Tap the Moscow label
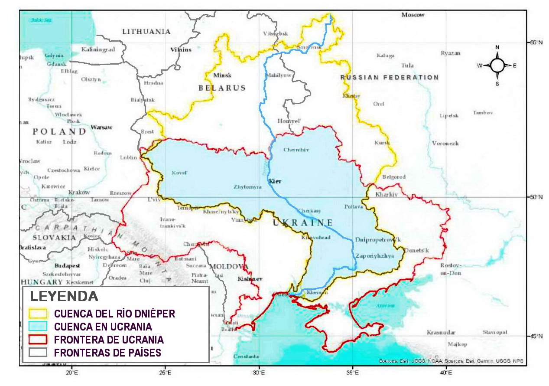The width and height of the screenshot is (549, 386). [x=413, y=15]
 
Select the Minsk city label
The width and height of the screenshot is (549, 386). [x=222, y=75]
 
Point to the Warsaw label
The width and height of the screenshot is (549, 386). [x=101, y=128]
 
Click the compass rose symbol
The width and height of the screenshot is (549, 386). [x=497, y=65]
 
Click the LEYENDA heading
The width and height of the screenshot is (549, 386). [x=64, y=297]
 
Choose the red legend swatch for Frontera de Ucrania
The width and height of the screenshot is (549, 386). [x=38, y=339]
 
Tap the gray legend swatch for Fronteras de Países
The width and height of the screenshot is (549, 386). [x=38, y=352]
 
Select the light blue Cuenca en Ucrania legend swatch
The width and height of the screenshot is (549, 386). [x=38, y=326]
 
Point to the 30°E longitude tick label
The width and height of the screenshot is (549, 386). [x=259, y=372]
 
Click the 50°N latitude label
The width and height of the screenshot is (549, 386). [x=536, y=197]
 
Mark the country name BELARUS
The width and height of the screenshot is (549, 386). [x=222, y=88]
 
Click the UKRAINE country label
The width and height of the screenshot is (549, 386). [x=305, y=223]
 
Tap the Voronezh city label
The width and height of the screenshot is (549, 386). [x=445, y=144]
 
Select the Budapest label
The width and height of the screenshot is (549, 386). [x=67, y=265]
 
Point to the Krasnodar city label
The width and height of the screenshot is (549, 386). [x=441, y=332]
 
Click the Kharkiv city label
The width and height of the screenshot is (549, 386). [x=387, y=194]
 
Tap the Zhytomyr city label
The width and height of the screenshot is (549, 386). [x=247, y=187]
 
